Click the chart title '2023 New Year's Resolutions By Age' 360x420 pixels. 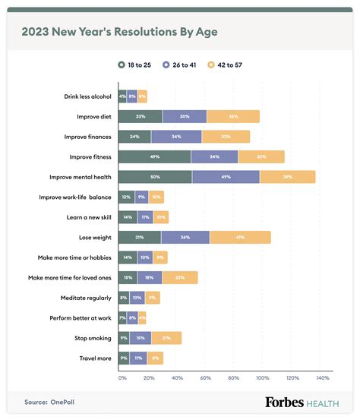(121, 32)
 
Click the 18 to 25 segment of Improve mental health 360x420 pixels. (155, 177)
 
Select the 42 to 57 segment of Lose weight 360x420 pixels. (240, 237)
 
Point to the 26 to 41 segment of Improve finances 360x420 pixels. (176, 137)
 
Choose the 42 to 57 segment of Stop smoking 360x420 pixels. (166, 338)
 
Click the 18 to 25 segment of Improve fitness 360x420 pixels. (154, 156)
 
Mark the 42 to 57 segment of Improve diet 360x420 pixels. (232, 116)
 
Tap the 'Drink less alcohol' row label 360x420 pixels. (87, 96)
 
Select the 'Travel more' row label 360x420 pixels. (95, 358)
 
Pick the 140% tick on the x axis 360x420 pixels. (322, 377)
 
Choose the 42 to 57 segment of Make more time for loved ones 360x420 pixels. (180, 277)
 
